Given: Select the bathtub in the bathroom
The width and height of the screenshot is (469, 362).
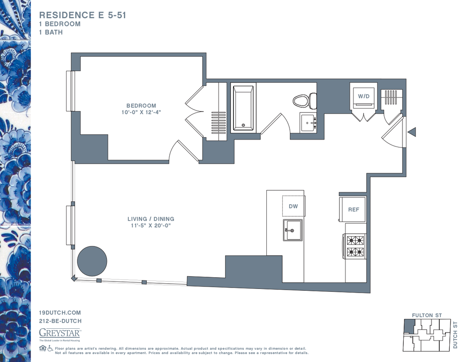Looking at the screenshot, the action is click(243, 108).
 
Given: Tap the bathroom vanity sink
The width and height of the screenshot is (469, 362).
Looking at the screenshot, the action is click(308, 122).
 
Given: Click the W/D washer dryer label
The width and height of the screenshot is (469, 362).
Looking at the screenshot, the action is click(364, 96).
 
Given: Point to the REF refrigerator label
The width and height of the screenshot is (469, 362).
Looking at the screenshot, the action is click(354, 210).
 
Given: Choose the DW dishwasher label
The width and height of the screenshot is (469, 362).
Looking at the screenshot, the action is click(294, 206).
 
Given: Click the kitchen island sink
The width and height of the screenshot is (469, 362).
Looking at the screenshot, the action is click(293, 229).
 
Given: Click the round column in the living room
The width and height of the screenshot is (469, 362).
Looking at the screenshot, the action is click(92, 261).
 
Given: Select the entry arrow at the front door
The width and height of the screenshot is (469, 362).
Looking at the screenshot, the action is click(412, 132).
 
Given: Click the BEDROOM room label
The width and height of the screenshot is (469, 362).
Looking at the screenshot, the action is click(141, 105).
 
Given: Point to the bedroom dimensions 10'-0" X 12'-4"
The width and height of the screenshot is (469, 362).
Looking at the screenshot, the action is click(141, 112).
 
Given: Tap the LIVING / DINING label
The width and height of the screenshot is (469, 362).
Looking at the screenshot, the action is click(151, 219).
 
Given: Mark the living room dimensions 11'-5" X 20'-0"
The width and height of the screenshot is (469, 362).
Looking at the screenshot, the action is click(151, 226).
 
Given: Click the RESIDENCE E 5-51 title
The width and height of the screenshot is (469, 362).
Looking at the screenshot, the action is click(83, 15).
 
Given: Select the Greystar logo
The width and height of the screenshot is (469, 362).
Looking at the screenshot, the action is click(60, 334).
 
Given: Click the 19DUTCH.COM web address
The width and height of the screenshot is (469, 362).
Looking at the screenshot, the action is click(60, 313).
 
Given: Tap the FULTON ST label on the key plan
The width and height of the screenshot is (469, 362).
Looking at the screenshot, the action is click(427, 316).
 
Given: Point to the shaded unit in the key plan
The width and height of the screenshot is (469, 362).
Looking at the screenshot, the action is click(408, 326).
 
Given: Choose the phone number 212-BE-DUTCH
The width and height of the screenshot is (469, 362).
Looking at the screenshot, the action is click(61, 321).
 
